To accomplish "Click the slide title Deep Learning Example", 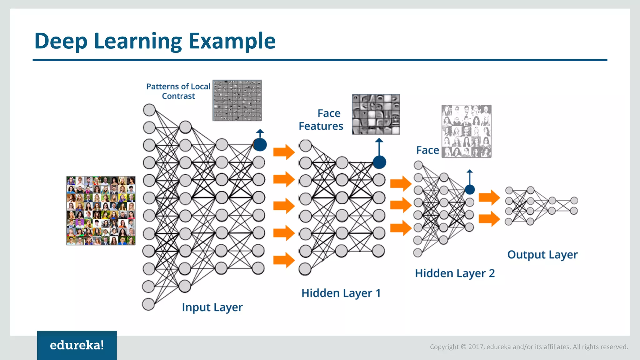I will point(155,41).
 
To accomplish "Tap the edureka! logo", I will point(77,345).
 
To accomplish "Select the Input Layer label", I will point(212,307).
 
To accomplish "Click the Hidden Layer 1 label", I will point(341,293).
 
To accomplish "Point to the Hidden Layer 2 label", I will point(455,273).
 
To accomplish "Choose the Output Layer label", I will point(542,255).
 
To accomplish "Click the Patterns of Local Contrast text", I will point(178,91).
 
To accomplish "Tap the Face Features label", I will point(321,120).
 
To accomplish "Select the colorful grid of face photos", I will point(101,211).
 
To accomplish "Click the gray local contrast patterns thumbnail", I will point(237,100).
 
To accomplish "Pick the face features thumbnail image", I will point(376,114).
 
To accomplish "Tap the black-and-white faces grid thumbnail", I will point(466,131).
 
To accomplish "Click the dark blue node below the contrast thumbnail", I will point(260,145).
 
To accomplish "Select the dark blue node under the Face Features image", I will point(379,162).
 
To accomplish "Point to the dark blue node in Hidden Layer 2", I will point(470,189).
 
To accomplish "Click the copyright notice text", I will point(529,347).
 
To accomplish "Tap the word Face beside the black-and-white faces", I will point(427,150).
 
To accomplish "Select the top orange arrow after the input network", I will point(284,152).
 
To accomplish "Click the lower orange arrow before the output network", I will point(489,218).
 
